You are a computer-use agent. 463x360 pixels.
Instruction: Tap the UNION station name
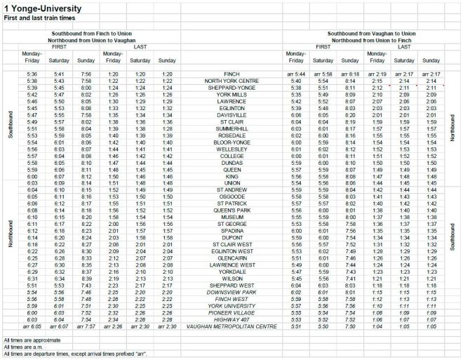tap(231, 182)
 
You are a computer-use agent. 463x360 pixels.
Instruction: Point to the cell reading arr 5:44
tap(296, 74)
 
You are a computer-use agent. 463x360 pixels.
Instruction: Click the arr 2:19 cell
tap(378, 74)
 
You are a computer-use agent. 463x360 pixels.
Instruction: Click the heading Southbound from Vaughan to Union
tap(371, 34)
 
